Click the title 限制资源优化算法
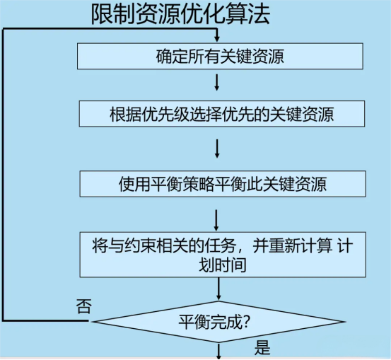tap(180, 14)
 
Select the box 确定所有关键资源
tap(220, 56)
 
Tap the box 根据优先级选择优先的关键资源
tap(222, 114)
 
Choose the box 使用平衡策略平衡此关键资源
tap(223, 184)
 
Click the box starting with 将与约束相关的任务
tap(223, 255)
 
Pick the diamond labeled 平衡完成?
tap(218, 322)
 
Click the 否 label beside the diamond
tap(83, 306)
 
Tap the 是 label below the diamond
tap(262, 348)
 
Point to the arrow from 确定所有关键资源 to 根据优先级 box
tap(217, 82)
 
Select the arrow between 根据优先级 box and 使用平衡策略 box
tap(217, 149)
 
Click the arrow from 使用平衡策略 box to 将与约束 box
tap(216, 221)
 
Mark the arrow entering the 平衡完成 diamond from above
tap(218, 289)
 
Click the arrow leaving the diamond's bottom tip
tap(218, 352)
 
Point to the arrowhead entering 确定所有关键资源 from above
tap(217, 39)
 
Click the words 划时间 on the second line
tap(223, 265)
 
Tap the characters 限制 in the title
tap(113, 14)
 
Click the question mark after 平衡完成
tap(246, 323)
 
